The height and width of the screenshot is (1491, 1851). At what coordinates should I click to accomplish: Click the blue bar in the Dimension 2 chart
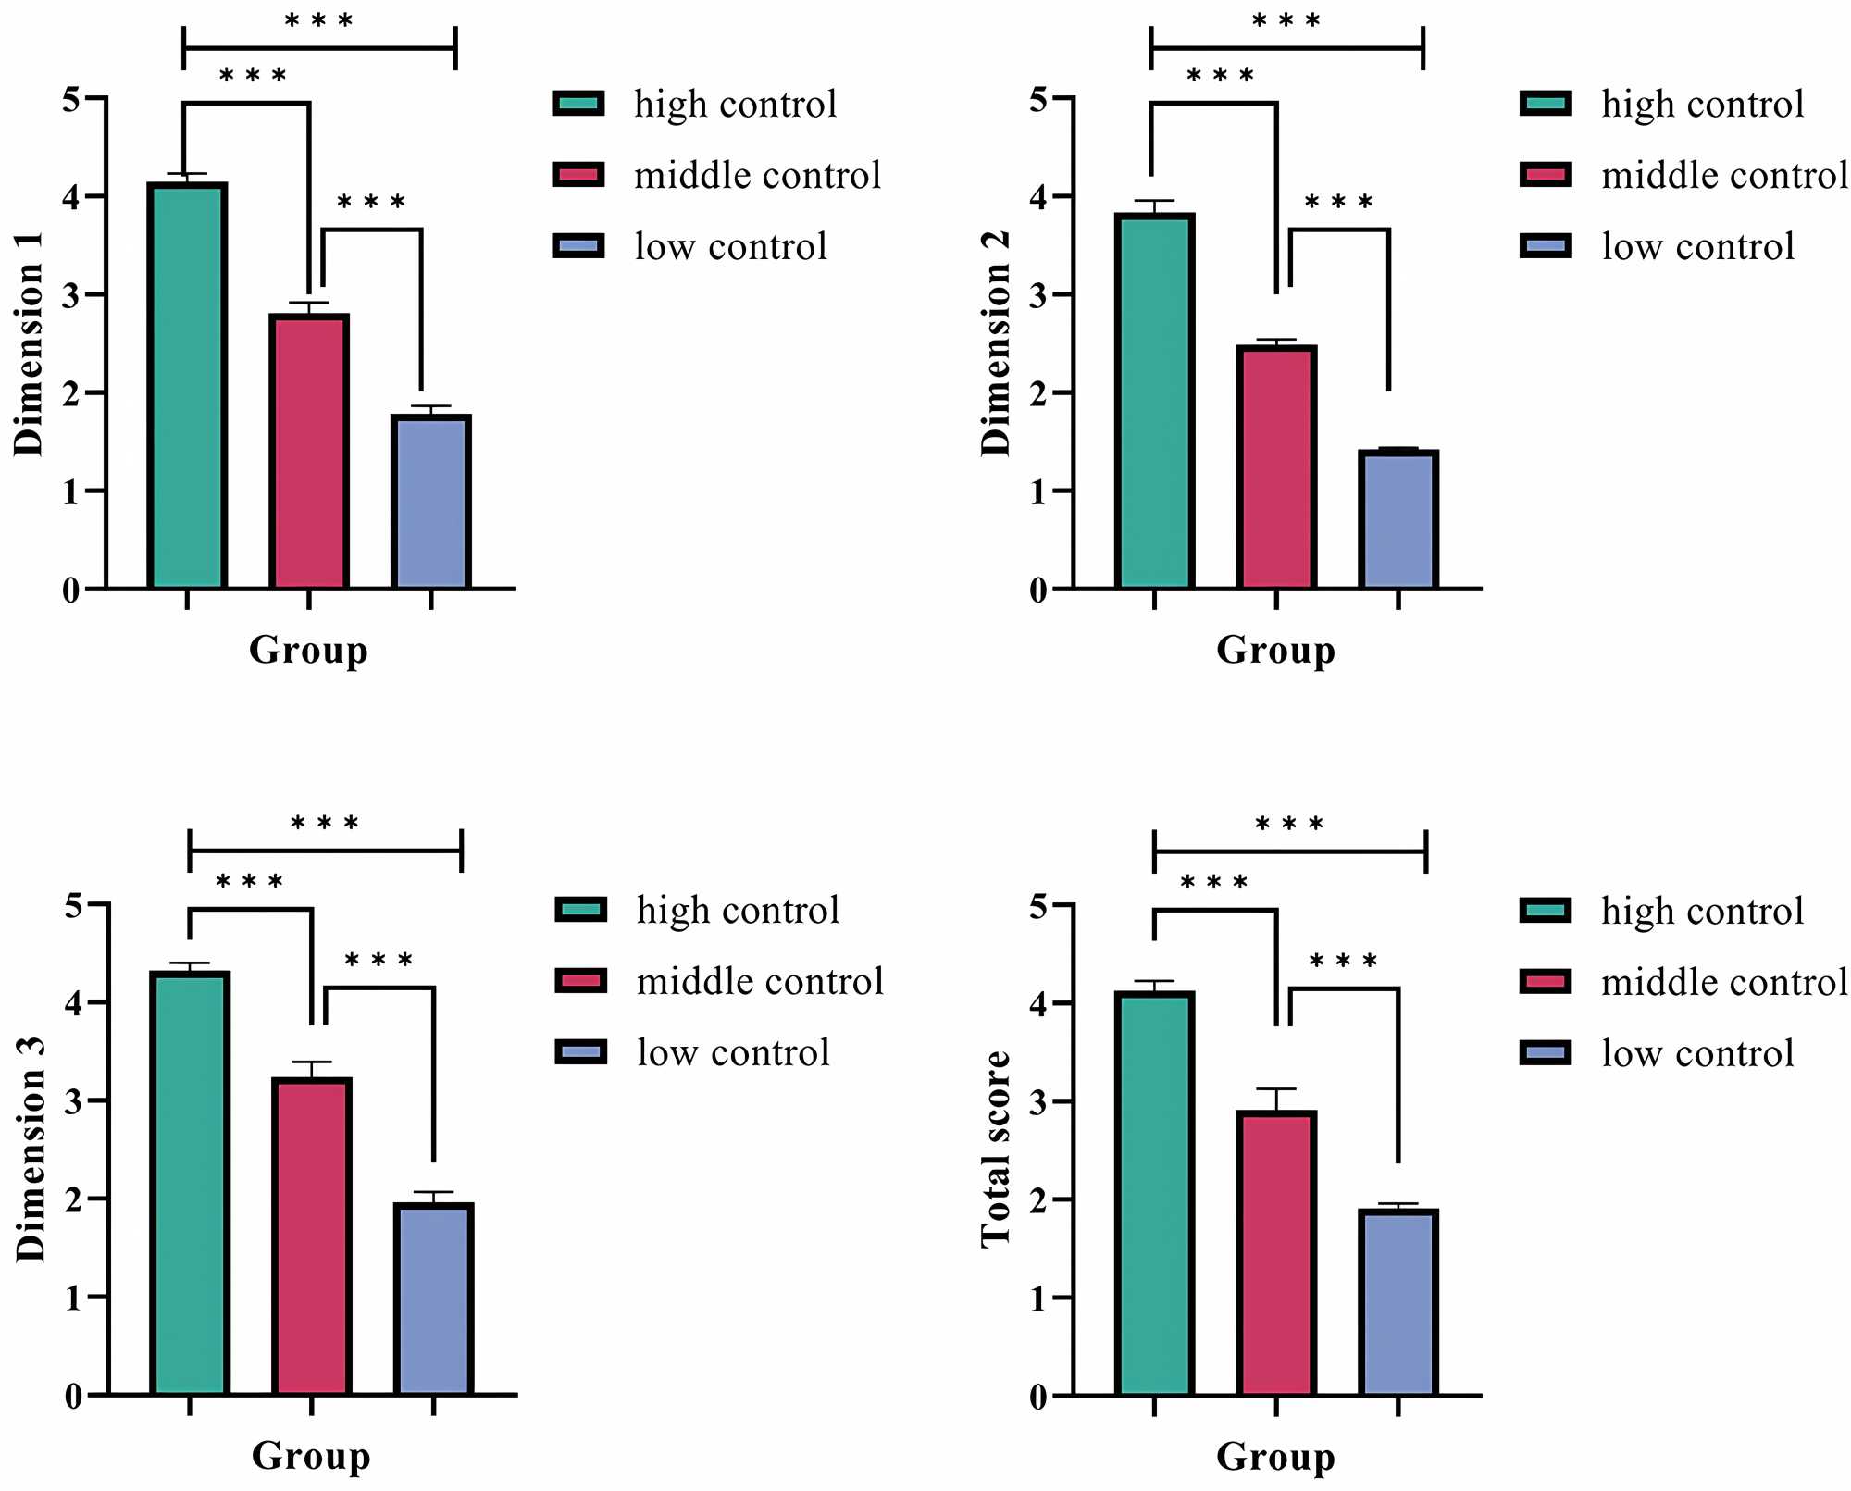tap(1398, 519)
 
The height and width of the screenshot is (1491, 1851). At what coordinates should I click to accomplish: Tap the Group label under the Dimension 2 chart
tap(1275, 650)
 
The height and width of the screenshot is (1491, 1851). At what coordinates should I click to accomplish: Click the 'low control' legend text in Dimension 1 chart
tap(730, 247)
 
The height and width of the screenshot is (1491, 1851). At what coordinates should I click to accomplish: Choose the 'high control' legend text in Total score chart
tap(1702, 912)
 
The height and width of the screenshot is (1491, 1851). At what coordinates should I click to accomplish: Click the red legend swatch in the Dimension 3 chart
tap(580, 981)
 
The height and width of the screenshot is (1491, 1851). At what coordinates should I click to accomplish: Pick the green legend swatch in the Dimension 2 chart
tap(1546, 104)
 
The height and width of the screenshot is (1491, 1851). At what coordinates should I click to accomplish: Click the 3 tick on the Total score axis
tap(1038, 1102)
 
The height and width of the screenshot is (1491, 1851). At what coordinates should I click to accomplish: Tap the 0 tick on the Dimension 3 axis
tap(73, 1397)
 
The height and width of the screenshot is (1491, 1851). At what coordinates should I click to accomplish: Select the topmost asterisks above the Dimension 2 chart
tap(1286, 21)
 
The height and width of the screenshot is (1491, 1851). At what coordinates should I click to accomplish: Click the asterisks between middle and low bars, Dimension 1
tap(371, 203)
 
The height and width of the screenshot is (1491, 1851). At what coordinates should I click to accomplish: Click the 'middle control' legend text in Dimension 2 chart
tap(1724, 176)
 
